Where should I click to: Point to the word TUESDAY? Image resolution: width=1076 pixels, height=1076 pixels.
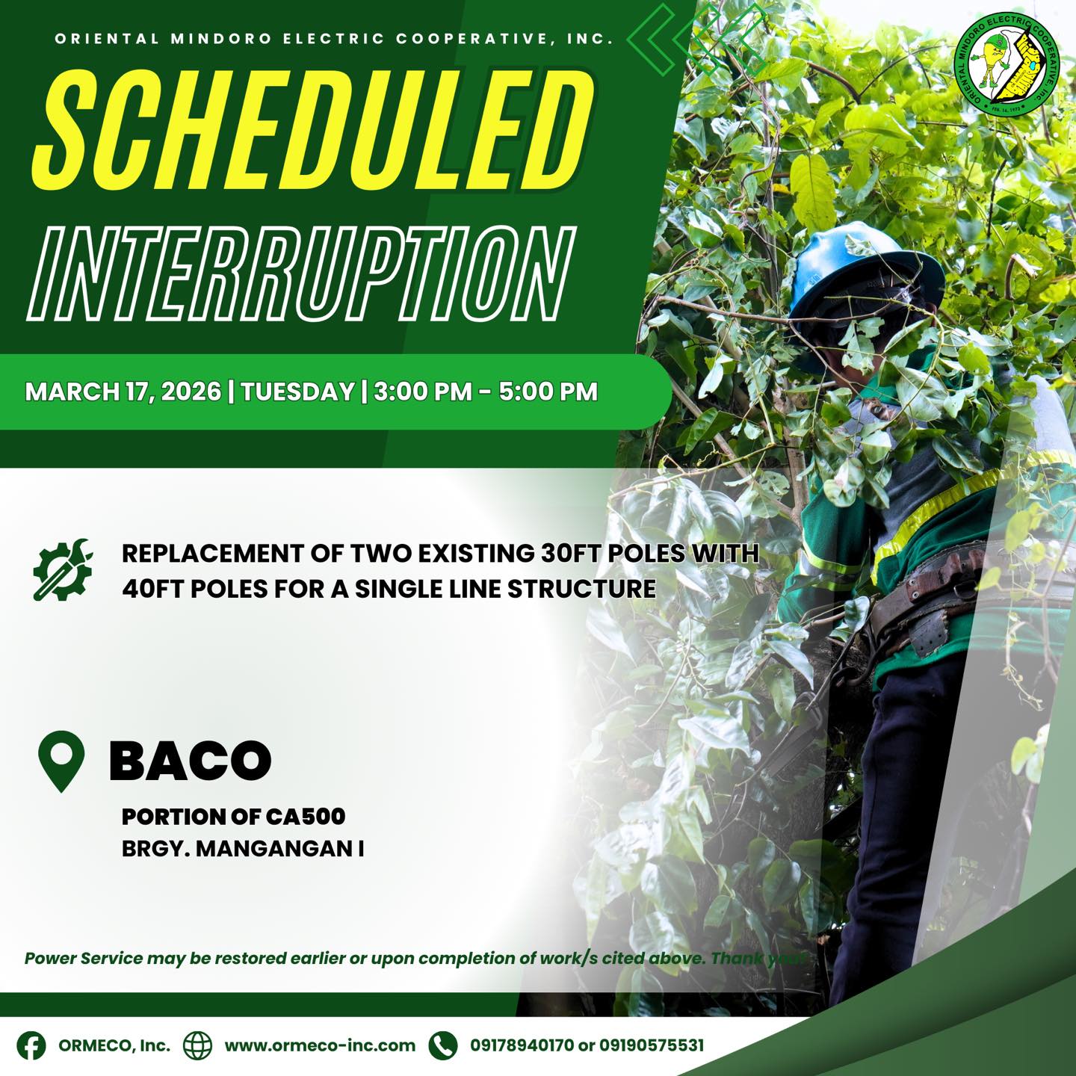coord(298,392)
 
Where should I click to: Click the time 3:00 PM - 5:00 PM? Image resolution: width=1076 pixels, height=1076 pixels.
coord(486,392)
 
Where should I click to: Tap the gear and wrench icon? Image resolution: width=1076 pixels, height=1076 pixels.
coord(63,569)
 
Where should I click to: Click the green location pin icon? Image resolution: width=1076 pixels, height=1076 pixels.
coord(61,761)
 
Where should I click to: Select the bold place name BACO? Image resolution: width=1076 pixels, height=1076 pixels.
coord(191,760)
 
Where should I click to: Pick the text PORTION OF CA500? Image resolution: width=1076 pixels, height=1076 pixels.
coord(233,817)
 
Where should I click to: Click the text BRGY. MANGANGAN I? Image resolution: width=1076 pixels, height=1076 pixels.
coord(243,849)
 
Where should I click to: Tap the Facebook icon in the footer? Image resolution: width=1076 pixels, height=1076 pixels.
coord(31,1045)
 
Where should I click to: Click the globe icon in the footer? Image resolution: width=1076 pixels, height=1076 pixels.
coord(198,1045)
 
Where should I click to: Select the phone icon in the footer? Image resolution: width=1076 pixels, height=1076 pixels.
coord(443,1045)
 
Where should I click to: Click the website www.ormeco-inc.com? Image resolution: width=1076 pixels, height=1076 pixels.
coord(320,1045)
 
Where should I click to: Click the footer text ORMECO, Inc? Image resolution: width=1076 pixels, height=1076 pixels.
coord(114,1045)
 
